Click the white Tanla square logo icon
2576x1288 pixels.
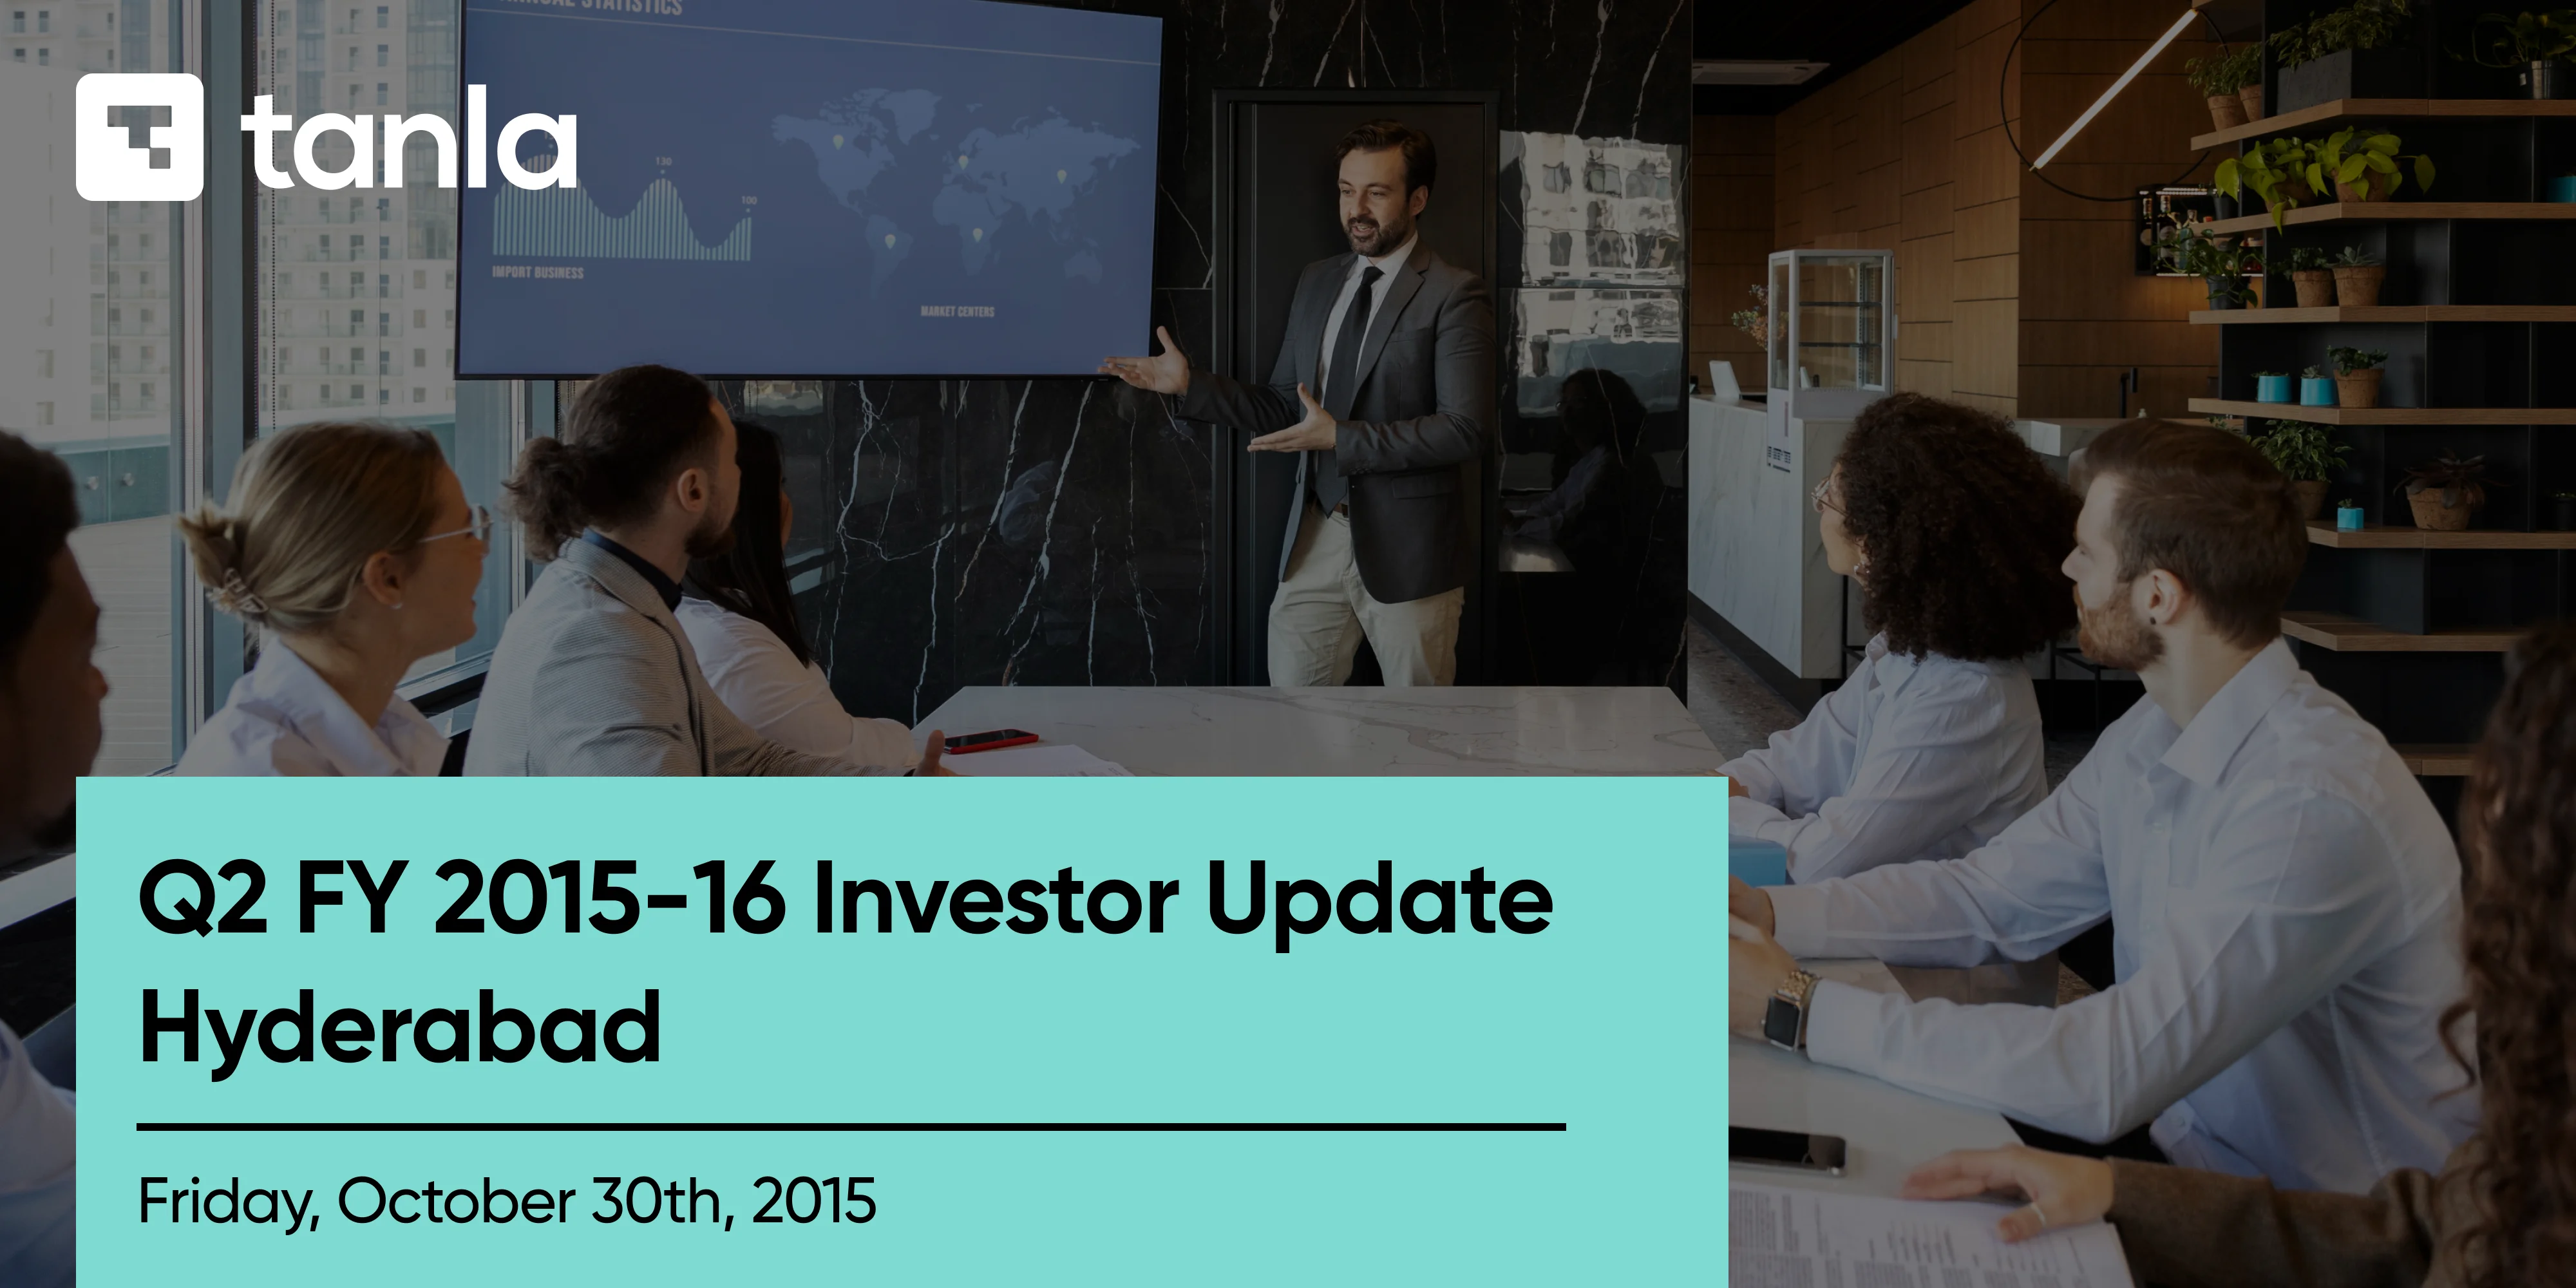click(139, 137)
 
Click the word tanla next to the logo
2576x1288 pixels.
click(408, 140)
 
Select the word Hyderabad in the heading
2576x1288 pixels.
click(400, 1028)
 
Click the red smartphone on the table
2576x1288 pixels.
click(990, 740)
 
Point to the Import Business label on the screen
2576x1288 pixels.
click(537, 272)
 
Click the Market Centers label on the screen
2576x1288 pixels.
click(957, 312)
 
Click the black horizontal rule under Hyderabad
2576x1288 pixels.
click(850, 1127)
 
